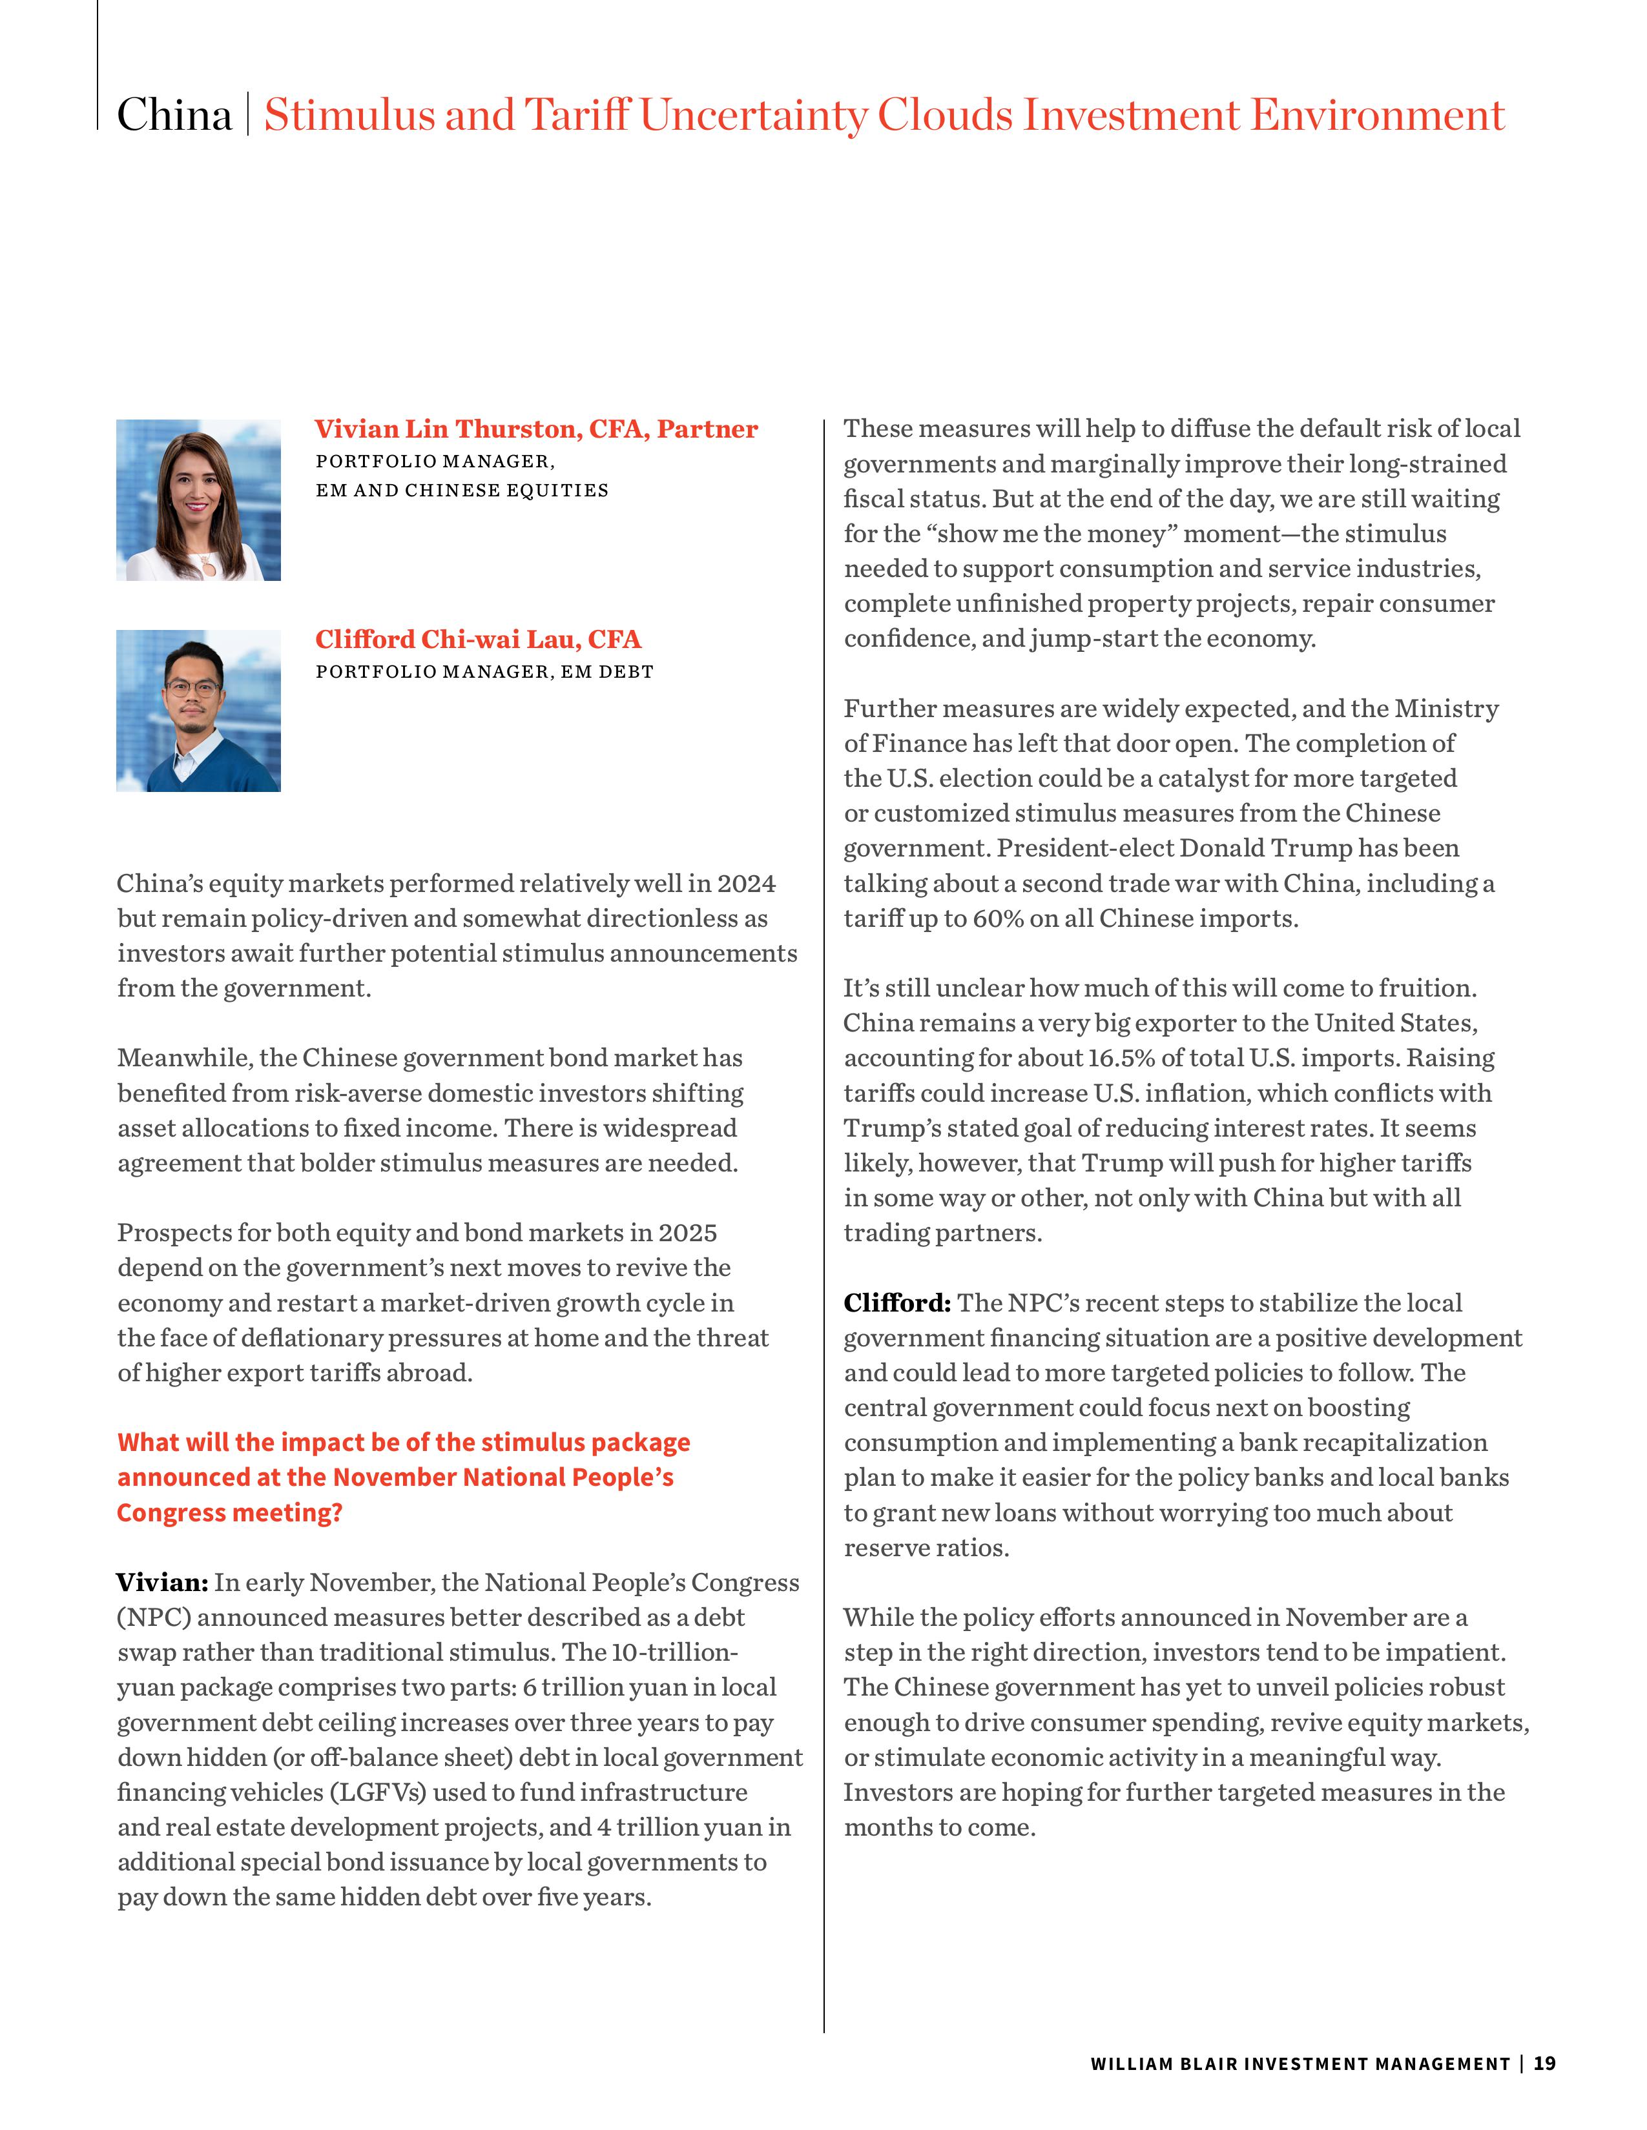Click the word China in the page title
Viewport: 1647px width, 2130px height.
174,115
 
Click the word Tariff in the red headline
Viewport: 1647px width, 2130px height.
577,115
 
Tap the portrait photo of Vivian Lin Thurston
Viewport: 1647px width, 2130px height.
198,500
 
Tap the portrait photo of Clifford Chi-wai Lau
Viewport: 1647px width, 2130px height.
198,711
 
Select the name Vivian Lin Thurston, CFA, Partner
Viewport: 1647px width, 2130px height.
535,429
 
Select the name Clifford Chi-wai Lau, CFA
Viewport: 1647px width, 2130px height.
478,640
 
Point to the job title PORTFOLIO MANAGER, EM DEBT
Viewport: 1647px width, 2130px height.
484,672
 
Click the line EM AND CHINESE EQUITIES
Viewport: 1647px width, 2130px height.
462,491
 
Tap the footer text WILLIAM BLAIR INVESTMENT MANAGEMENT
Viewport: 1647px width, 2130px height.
1300,2064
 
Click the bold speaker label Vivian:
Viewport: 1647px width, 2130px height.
162,1582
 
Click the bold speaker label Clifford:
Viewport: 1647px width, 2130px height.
896,1303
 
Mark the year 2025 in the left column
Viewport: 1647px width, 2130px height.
688,1233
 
